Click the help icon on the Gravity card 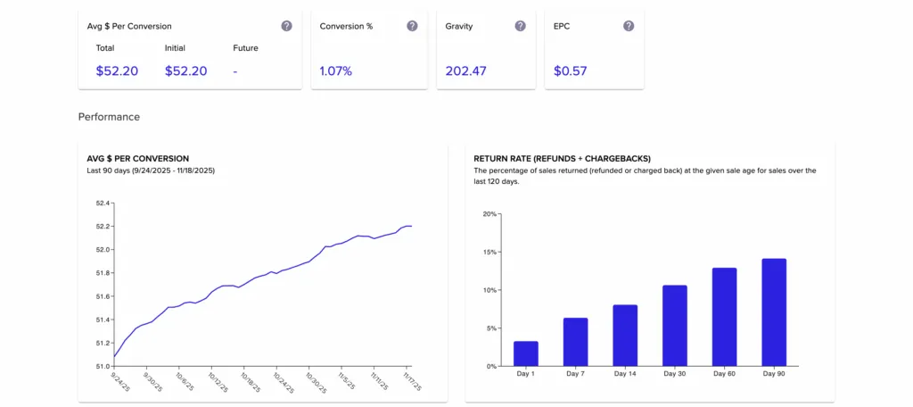[x=520, y=26]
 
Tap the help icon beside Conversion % [x=412, y=26]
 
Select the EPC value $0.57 [x=570, y=71]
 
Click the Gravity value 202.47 [x=465, y=71]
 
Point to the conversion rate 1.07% [x=336, y=71]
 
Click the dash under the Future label [x=235, y=71]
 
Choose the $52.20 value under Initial [x=185, y=71]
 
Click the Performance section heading [x=109, y=117]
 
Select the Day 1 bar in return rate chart [x=526, y=353]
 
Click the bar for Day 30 [x=675, y=326]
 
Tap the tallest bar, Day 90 [x=774, y=312]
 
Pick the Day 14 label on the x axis [x=625, y=373]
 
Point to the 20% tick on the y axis [x=489, y=214]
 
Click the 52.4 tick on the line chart [x=103, y=203]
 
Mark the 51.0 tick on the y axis [x=103, y=366]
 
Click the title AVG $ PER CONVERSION [x=137, y=158]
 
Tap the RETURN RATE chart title [x=563, y=158]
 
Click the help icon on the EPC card [x=629, y=26]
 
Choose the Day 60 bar [x=724, y=317]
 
